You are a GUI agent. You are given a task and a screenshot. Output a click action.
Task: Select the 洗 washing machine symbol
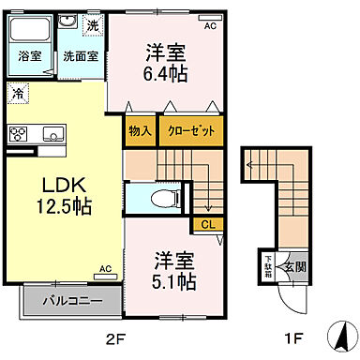point(91,25)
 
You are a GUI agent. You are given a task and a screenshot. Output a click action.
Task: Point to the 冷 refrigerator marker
point(19,92)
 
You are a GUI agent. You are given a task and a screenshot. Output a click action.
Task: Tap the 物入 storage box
point(140,131)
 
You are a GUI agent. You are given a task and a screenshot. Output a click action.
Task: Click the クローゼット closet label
point(190,131)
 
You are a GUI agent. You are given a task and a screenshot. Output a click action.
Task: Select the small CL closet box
point(205,224)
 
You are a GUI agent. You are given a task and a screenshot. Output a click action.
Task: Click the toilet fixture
point(165,197)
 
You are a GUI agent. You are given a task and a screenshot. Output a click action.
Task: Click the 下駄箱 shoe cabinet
point(266,264)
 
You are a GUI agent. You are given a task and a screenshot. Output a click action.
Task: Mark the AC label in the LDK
point(105,269)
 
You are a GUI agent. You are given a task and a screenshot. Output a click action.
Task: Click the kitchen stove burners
point(19,134)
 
